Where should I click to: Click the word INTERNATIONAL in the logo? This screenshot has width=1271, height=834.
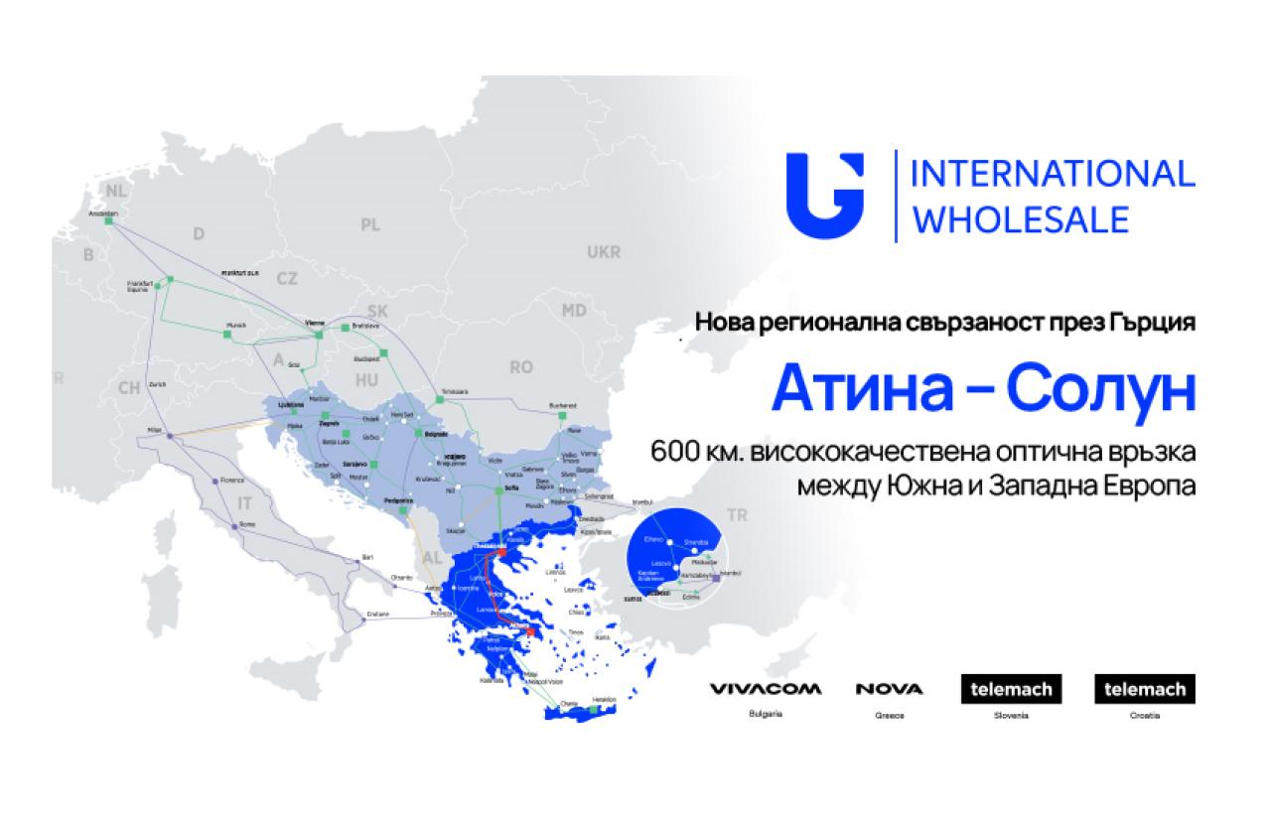[1052, 173]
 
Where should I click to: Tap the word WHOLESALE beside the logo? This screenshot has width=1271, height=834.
[1020, 218]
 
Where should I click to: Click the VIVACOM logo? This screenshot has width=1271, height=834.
[765, 689]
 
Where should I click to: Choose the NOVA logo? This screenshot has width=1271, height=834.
[889, 689]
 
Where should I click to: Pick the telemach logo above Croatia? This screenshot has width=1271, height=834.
[1144, 689]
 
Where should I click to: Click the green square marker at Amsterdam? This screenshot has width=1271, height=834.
[111, 221]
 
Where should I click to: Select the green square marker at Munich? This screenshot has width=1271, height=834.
[226, 335]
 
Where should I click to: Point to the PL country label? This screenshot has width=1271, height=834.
[370, 225]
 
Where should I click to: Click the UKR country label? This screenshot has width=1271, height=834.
[603, 252]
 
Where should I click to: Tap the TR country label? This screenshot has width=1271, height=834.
[737, 515]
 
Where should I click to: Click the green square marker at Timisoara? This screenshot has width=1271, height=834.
[438, 400]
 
